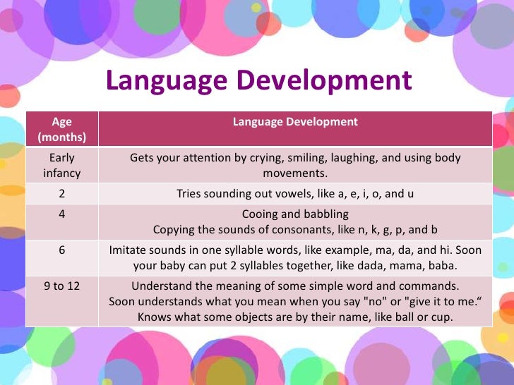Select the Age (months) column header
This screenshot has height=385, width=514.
62,129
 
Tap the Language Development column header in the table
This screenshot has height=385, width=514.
295,122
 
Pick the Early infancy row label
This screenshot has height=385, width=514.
62,165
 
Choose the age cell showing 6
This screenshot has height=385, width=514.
62,250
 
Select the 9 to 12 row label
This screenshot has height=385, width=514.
62,286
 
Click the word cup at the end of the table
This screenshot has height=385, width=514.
443,317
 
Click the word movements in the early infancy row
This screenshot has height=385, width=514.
295,173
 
